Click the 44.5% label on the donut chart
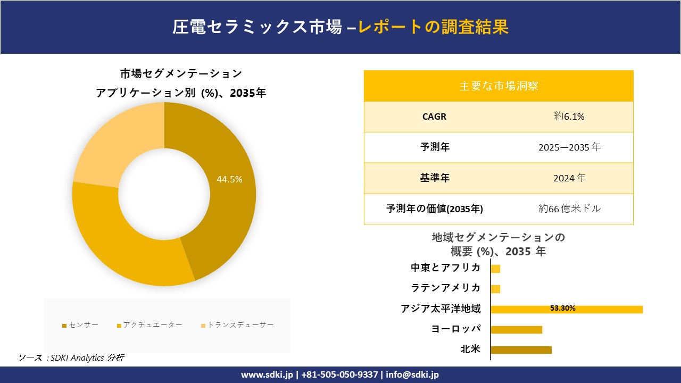(229, 180)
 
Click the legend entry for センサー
(80, 325)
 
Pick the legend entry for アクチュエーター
(150, 325)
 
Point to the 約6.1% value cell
(569, 117)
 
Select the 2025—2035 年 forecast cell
(569, 147)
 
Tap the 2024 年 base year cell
(569, 178)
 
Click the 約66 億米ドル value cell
(569, 209)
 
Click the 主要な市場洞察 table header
(499, 86)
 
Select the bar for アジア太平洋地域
(566, 309)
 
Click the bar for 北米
(521, 349)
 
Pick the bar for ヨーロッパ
(516, 329)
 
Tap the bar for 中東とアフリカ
(495, 269)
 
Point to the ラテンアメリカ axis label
(446, 288)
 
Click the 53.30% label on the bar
(562, 309)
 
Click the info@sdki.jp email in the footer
(412, 375)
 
